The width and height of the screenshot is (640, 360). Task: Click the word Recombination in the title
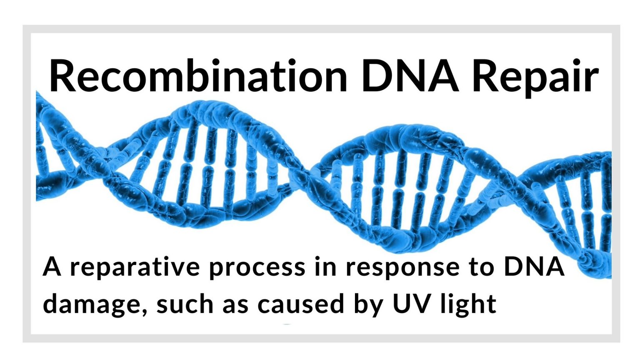(x=198, y=75)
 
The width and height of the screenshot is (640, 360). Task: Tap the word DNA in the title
(x=410, y=75)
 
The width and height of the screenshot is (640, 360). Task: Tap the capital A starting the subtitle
(x=52, y=267)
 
